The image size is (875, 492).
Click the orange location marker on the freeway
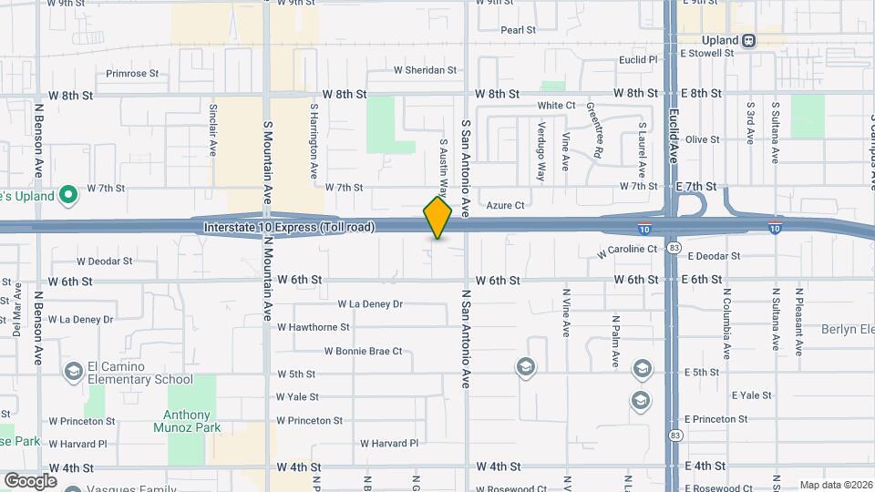click(x=438, y=218)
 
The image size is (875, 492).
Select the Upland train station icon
click(x=748, y=40)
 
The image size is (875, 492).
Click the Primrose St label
click(x=132, y=74)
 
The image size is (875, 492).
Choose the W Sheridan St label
click(x=425, y=70)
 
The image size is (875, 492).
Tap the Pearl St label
click(x=518, y=30)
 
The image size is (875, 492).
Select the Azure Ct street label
click(x=506, y=206)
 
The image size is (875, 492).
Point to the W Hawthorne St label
click(x=314, y=327)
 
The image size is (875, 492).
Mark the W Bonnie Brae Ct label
click(x=363, y=352)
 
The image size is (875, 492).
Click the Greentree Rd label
click(x=593, y=130)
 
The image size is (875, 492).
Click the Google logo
click(x=30, y=480)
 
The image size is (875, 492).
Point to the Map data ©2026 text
click(x=835, y=485)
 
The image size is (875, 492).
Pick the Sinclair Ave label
click(x=213, y=129)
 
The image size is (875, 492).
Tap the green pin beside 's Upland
click(x=67, y=195)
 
